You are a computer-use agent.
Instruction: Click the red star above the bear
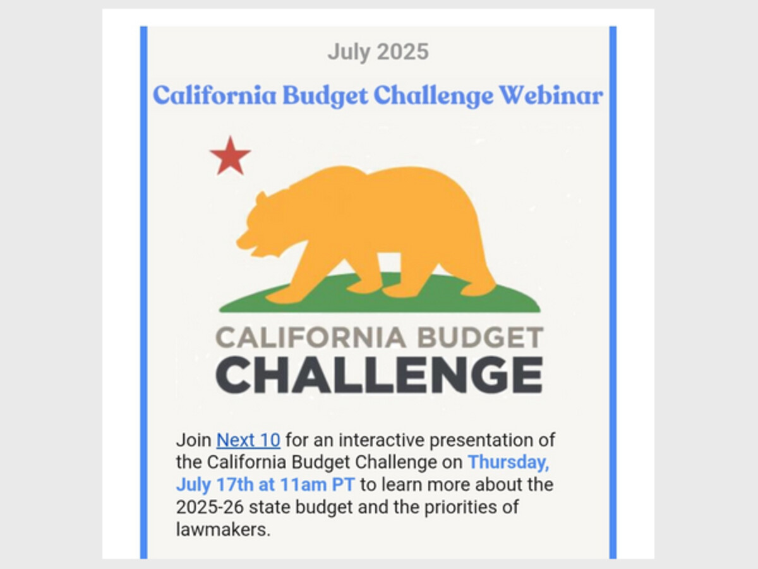point(231,156)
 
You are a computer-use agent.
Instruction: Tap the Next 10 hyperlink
point(248,440)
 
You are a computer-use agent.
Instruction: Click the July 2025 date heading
point(378,52)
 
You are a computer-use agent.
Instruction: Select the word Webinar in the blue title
point(551,95)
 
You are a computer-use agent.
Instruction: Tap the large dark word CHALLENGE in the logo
point(379,375)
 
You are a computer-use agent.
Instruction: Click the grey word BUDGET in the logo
point(480,337)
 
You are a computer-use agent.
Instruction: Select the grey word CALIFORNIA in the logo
point(310,337)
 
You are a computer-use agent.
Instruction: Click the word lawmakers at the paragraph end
point(223,529)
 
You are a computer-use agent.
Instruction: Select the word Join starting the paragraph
point(194,440)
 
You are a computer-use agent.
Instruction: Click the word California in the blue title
point(215,95)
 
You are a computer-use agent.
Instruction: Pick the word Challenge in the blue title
point(433,95)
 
